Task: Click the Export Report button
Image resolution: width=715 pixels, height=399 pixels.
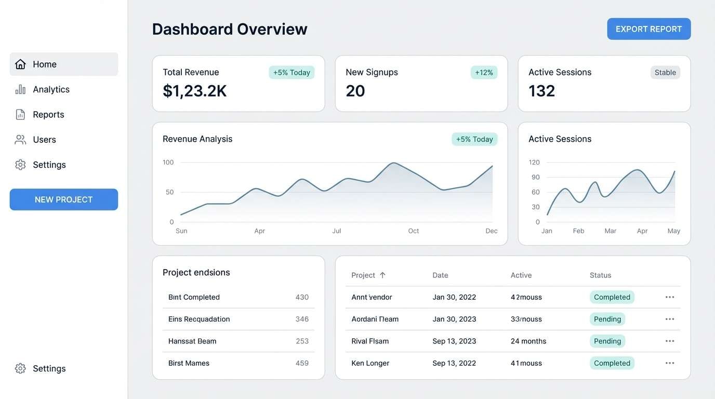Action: [648, 29]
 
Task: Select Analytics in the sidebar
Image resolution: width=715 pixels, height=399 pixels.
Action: [51, 89]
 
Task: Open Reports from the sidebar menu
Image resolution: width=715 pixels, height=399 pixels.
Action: [48, 114]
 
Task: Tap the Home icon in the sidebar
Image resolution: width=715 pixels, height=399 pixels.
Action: [20, 64]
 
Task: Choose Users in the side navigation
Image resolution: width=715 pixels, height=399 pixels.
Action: [44, 139]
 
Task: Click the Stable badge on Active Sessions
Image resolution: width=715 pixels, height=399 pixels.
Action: [665, 72]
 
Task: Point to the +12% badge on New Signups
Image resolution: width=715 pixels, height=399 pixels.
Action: [484, 72]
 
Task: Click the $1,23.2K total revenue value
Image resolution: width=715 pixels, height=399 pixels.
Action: [195, 91]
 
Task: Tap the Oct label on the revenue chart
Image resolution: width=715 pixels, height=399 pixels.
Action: [414, 231]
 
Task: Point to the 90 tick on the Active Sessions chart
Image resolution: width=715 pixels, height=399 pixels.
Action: [535, 177]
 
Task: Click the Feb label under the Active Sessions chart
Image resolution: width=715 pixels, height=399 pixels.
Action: [578, 231]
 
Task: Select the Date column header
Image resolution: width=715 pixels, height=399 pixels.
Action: [440, 275]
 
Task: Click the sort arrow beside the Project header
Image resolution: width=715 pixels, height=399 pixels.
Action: [382, 275]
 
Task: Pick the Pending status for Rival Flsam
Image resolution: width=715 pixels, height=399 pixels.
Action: [607, 341]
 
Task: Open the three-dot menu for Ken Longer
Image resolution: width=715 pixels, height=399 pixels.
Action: [670, 363]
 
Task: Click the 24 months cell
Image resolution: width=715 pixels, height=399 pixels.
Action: [528, 341]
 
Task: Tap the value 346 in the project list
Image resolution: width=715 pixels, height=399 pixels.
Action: [302, 319]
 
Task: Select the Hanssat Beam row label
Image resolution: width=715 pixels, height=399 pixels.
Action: [192, 341]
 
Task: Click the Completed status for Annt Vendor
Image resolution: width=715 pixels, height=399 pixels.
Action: [612, 297]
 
